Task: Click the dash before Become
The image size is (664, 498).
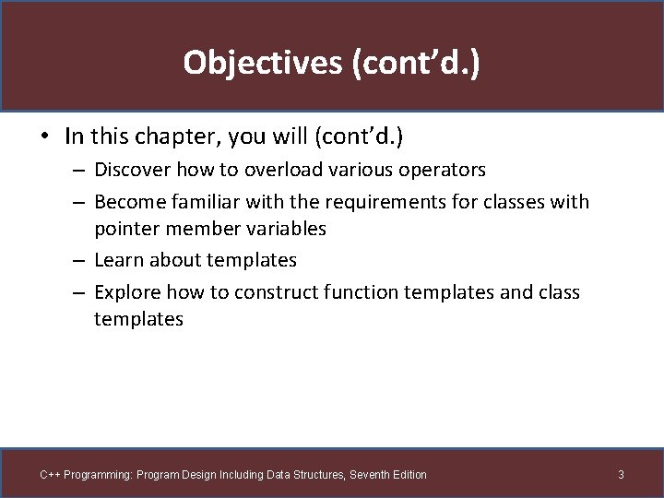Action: pos(78,202)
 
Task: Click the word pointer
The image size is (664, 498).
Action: pos(125,229)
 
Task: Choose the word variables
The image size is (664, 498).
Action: pos(286,229)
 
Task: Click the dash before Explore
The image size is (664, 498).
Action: pos(78,292)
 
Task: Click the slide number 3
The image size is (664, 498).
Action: pos(621,474)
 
